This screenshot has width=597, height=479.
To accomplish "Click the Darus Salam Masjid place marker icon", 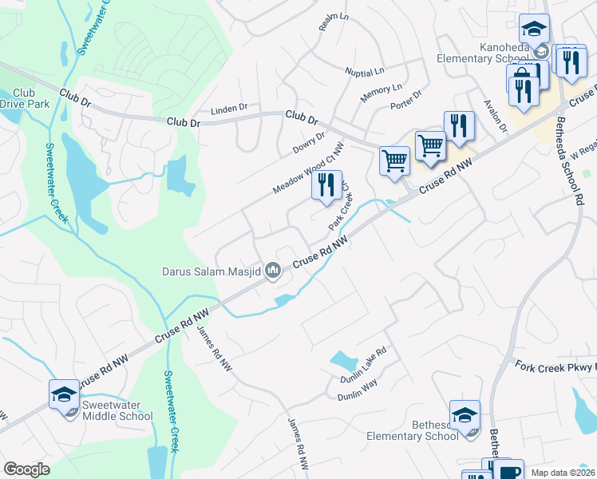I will [x=274, y=271].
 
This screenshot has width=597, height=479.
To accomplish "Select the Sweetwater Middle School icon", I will [x=65, y=395].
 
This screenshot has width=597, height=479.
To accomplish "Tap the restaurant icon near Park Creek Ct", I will [x=326, y=187].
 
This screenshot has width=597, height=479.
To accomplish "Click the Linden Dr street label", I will [x=229, y=108].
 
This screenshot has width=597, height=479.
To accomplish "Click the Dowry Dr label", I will [x=309, y=143].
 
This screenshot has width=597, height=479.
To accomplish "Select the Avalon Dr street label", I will [x=496, y=116].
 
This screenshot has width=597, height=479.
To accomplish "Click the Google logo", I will [x=26, y=469].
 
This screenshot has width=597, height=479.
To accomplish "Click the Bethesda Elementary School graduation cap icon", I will [x=465, y=416].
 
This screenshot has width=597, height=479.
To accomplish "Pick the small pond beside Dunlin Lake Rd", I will [x=343, y=361].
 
